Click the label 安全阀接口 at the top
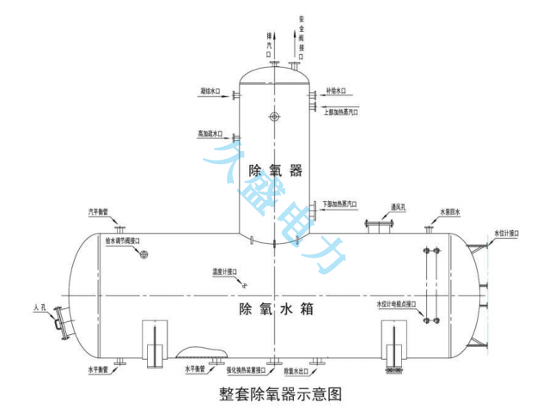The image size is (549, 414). coord(302,30)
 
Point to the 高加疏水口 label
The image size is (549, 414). coord(210,134)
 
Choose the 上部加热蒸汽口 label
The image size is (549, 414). coord(341,112)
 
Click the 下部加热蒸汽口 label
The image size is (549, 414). coord(341,204)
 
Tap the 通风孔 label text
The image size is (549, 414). coord(404,206)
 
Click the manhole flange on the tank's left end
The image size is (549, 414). coord(60,326)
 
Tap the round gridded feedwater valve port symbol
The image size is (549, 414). coord(145,254)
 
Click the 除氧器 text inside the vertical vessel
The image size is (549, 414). coord(274,170)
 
